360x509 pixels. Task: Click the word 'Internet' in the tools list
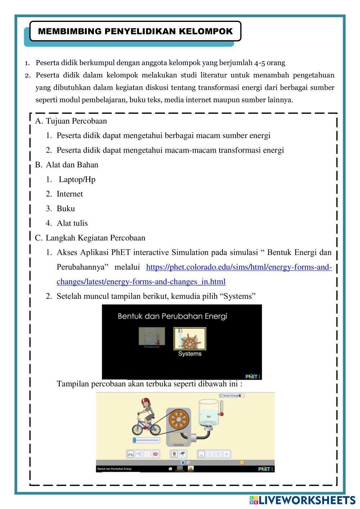[69, 194]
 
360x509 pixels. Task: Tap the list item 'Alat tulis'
[72, 223]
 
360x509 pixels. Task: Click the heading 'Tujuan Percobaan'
[76, 121]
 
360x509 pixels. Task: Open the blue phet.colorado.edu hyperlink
[239, 267]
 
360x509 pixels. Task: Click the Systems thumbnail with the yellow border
[190, 339]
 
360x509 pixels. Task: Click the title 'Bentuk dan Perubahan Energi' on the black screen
[172, 316]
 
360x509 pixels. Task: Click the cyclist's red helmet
[145, 401]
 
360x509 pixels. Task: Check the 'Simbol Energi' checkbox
[221, 396]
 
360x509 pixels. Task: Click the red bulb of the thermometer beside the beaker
[222, 414]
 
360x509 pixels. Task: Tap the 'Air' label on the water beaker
[208, 416]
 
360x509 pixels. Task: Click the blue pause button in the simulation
[183, 463]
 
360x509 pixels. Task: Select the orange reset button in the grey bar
[242, 463]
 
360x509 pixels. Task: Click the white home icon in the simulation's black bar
[170, 469]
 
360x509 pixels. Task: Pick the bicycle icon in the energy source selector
[130, 454]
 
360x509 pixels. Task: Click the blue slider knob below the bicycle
[134, 440]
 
